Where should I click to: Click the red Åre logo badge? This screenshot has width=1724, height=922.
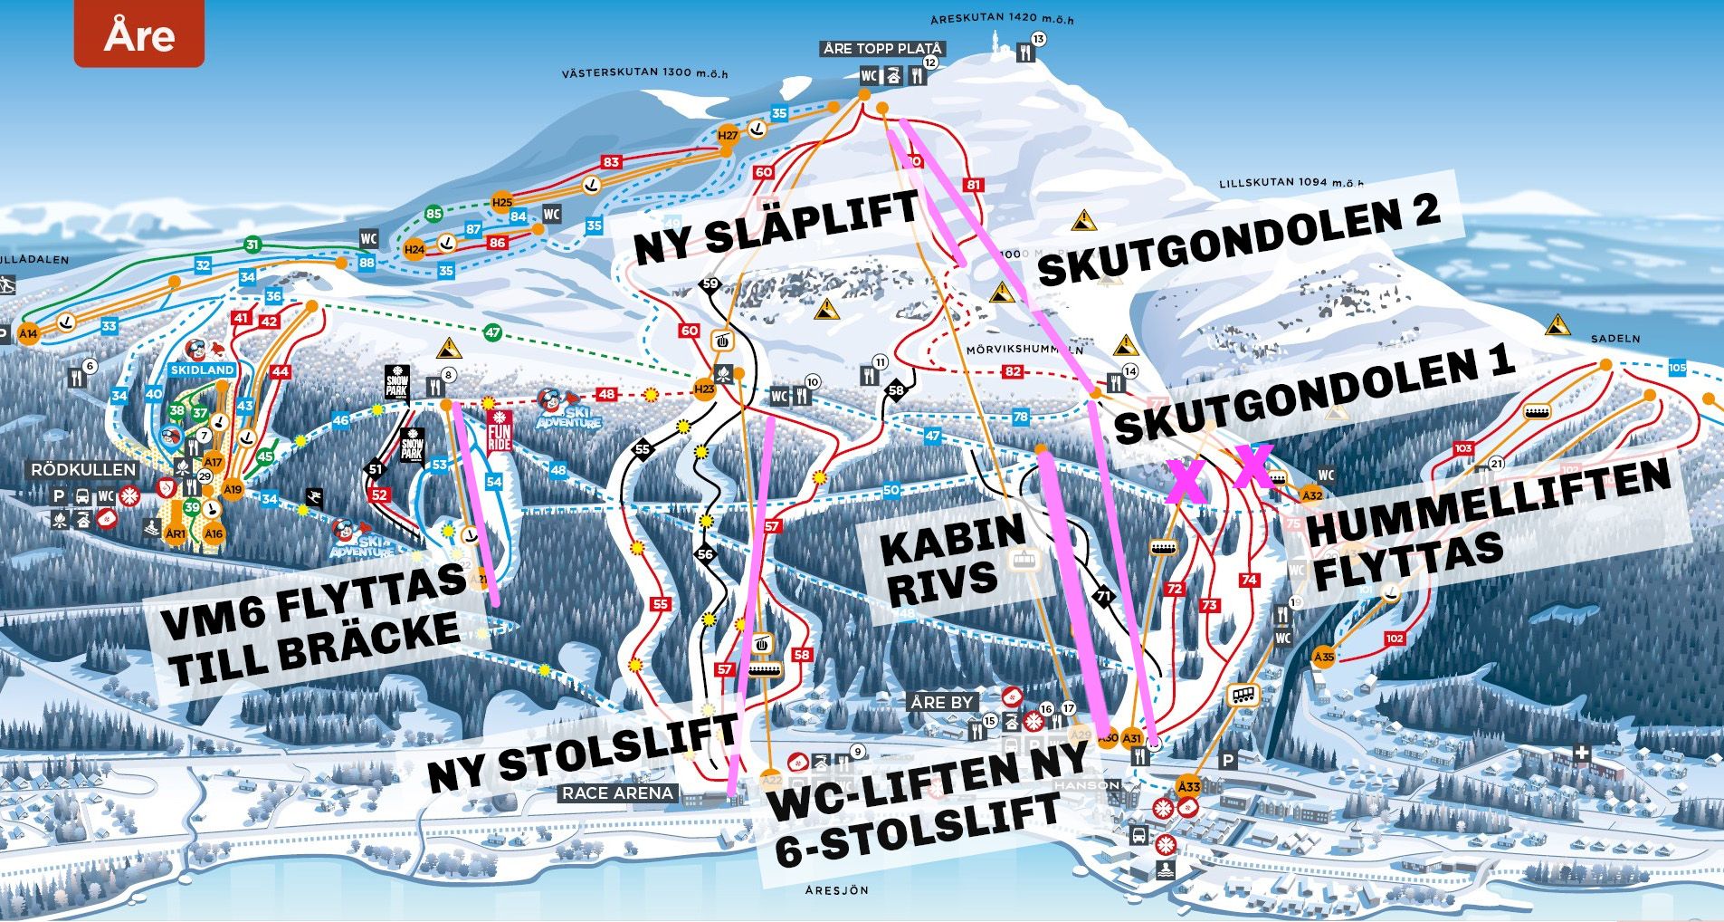click(139, 36)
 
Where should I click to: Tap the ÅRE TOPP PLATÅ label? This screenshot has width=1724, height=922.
click(883, 49)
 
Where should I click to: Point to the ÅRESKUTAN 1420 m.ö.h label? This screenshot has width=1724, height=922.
click(1002, 19)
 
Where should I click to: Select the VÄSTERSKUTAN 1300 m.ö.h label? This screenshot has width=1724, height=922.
click(644, 72)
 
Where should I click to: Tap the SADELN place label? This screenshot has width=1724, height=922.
click(1615, 339)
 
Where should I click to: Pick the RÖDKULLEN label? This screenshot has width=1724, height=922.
click(83, 469)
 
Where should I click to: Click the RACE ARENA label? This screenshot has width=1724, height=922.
click(618, 793)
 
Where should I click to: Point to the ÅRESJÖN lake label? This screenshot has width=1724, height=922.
click(837, 890)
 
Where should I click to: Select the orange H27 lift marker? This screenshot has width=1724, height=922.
click(728, 136)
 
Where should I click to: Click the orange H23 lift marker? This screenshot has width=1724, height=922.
click(704, 389)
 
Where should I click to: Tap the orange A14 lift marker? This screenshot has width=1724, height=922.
click(28, 333)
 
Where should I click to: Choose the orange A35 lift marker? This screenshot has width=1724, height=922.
click(1324, 657)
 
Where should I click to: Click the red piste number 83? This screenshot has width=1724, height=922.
click(612, 162)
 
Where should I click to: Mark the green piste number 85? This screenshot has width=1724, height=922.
click(434, 215)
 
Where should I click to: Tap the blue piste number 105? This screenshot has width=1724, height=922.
click(1677, 368)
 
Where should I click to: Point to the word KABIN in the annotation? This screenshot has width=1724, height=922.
click(952, 540)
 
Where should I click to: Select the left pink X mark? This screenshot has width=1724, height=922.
click(1187, 482)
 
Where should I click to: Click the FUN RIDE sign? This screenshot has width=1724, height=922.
click(499, 431)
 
